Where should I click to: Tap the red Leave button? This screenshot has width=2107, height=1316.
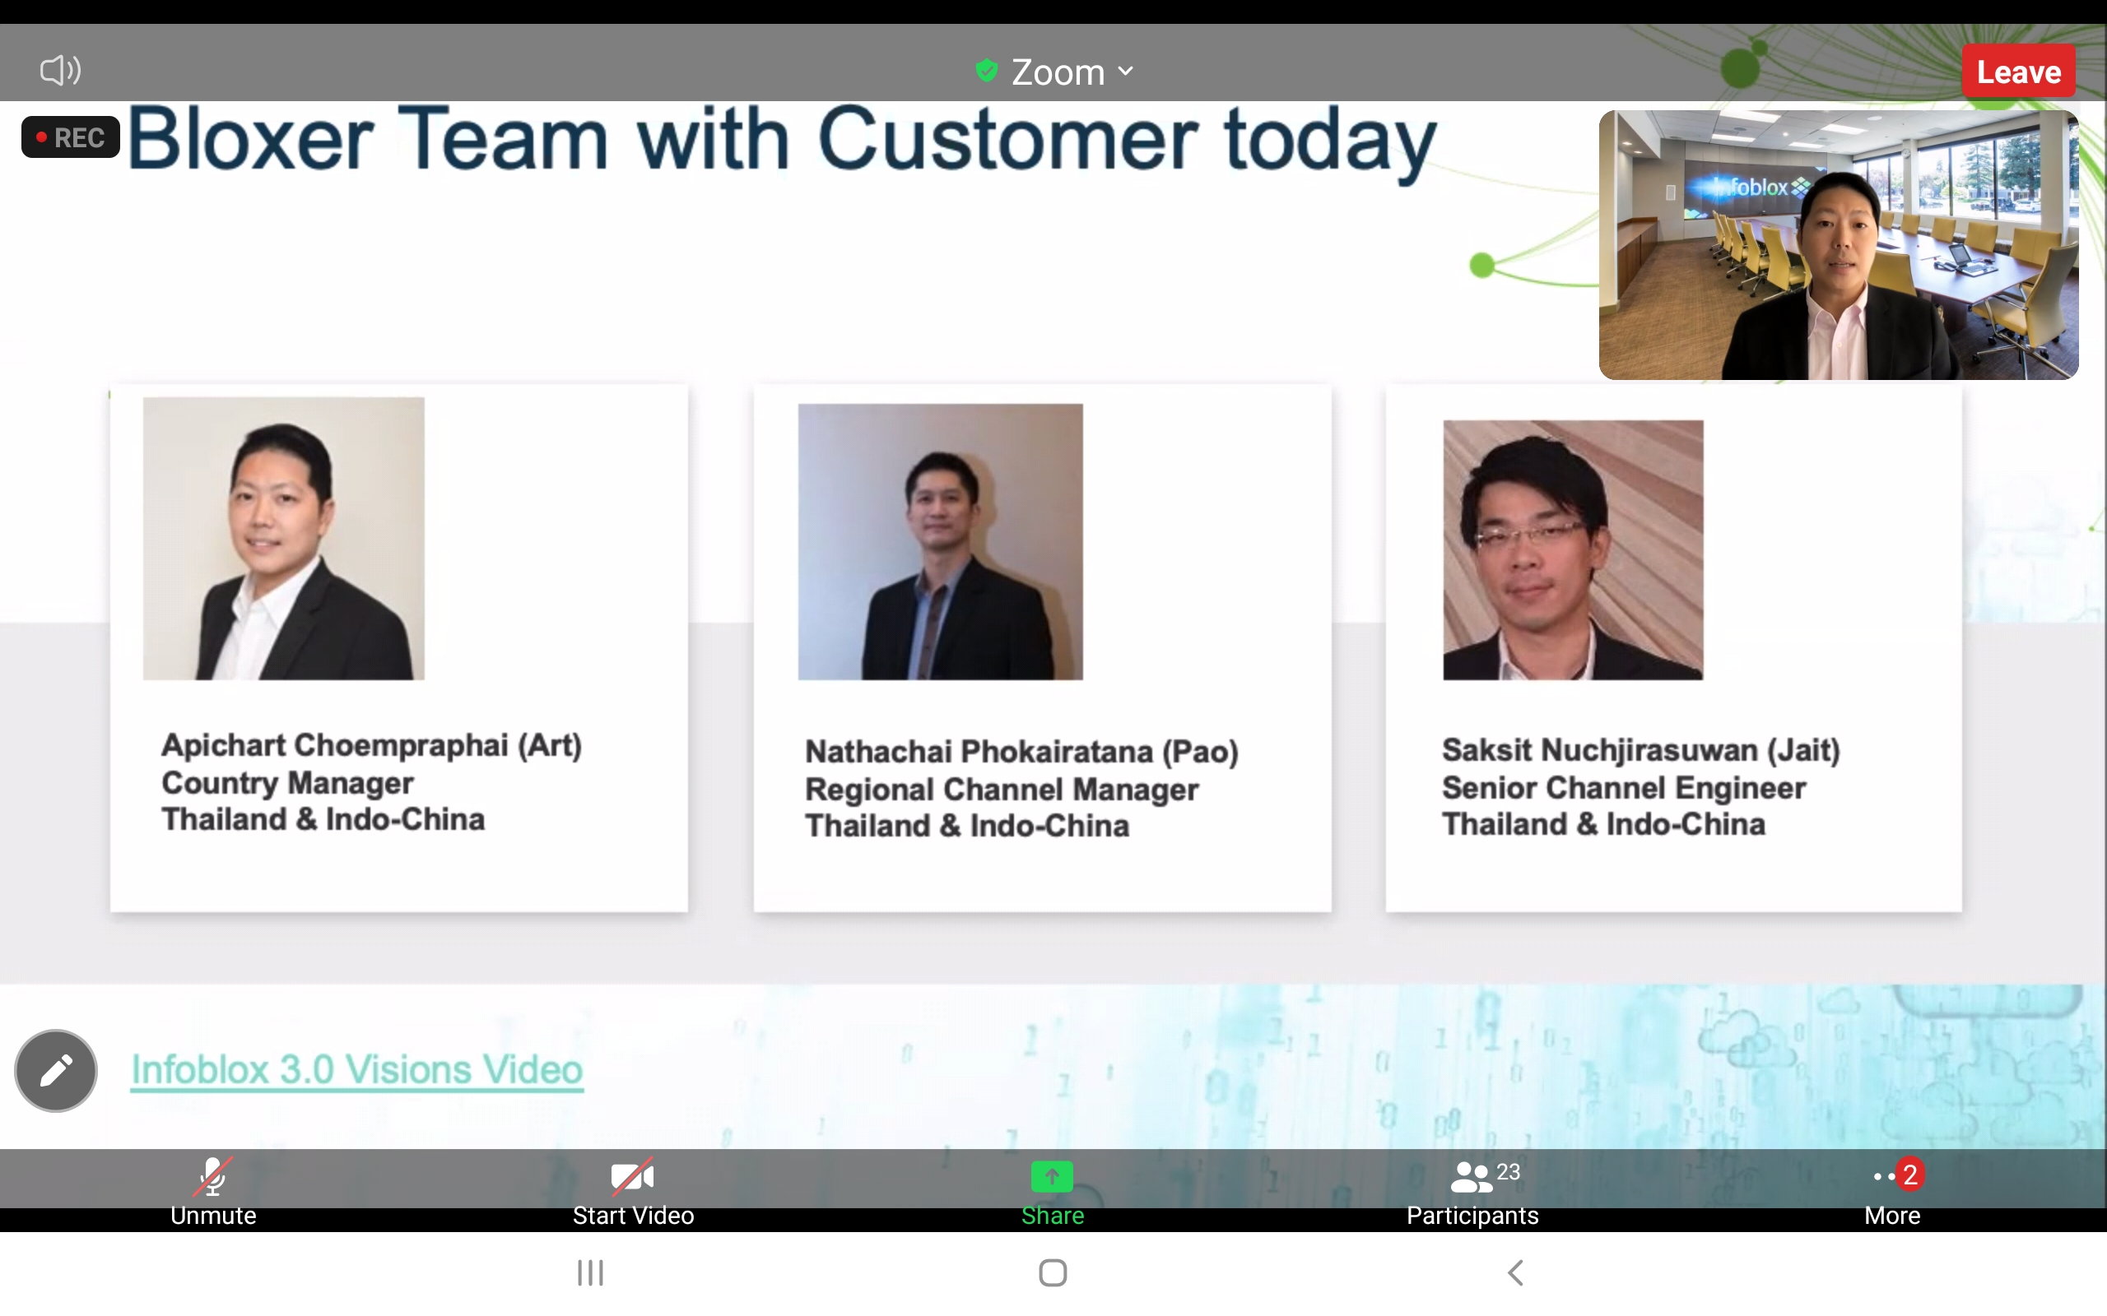2018,72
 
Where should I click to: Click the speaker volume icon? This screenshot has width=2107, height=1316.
60,70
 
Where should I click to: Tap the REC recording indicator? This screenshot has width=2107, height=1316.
71,137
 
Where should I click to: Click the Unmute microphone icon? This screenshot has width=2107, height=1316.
212,1176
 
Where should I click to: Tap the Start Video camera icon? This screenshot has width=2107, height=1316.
633,1177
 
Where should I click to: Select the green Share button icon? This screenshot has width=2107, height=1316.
1052,1177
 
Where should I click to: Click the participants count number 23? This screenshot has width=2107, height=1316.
1508,1171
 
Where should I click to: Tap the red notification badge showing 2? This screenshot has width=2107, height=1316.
1909,1175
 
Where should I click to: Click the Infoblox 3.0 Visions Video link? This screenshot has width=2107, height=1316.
357,1070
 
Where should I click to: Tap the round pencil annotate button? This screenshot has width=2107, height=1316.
56,1071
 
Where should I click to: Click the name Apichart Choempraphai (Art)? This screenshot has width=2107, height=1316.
372,746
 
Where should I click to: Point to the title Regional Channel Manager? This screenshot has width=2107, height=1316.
1002,790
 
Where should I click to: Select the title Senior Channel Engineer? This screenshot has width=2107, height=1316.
1624,788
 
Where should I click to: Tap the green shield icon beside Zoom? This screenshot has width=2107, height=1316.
987,70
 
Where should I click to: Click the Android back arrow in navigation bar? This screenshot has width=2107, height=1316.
1515,1272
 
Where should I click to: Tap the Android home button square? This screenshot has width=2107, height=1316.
1053,1272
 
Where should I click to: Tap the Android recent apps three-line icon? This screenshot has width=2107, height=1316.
590,1272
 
